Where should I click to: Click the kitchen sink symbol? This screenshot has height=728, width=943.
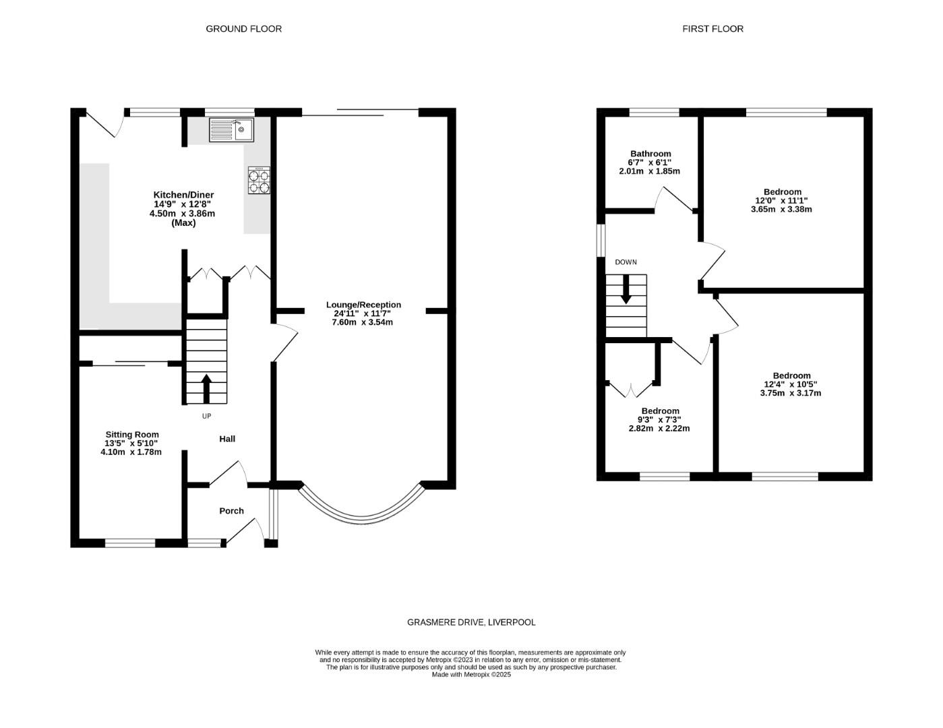pyautogui.click(x=231, y=129)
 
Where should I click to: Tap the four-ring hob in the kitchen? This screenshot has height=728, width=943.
pyautogui.click(x=259, y=180)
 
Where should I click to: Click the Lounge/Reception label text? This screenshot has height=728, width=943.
pyautogui.click(x=363, y=305)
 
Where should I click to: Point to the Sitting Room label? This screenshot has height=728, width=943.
pyautogui.click(x=132, y=435)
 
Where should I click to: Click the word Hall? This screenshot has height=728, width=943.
pyautogui.click(x=227, y=439)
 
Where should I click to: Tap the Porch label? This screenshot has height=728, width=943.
pyautogui.click(x=231, y=511)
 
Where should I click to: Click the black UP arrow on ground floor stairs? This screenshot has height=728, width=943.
pyautogui.click(x=206, y=388)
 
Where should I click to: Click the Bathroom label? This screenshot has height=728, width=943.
pyautogui.click(x=650, y=154)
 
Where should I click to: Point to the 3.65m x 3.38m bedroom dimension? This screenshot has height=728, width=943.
pyautogui.click(x=781, y=210)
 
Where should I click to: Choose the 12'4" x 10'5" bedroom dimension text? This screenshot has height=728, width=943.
pyautogui.click(x=792, y=384)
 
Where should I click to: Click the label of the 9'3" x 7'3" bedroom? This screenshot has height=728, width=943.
pyautogui.click(x=660, y=411)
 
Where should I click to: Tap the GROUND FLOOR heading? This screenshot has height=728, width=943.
pyautogui.click(x=243, y=29)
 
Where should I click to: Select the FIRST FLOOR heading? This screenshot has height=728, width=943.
pyautogui.click(x=712, y=29)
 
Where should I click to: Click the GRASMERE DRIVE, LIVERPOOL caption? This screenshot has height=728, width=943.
pyautogui.click(x=471, y=622)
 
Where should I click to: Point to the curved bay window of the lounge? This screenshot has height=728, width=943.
pyautogui.click(x=362, y=516)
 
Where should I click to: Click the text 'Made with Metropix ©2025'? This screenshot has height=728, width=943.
pyautogui.click(x=471, y=675)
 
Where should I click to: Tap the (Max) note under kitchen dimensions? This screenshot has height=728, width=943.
pyautogui.click(x=183, y=222)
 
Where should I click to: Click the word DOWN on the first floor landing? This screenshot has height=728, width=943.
pyautogui.click(x=626, y=262)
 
